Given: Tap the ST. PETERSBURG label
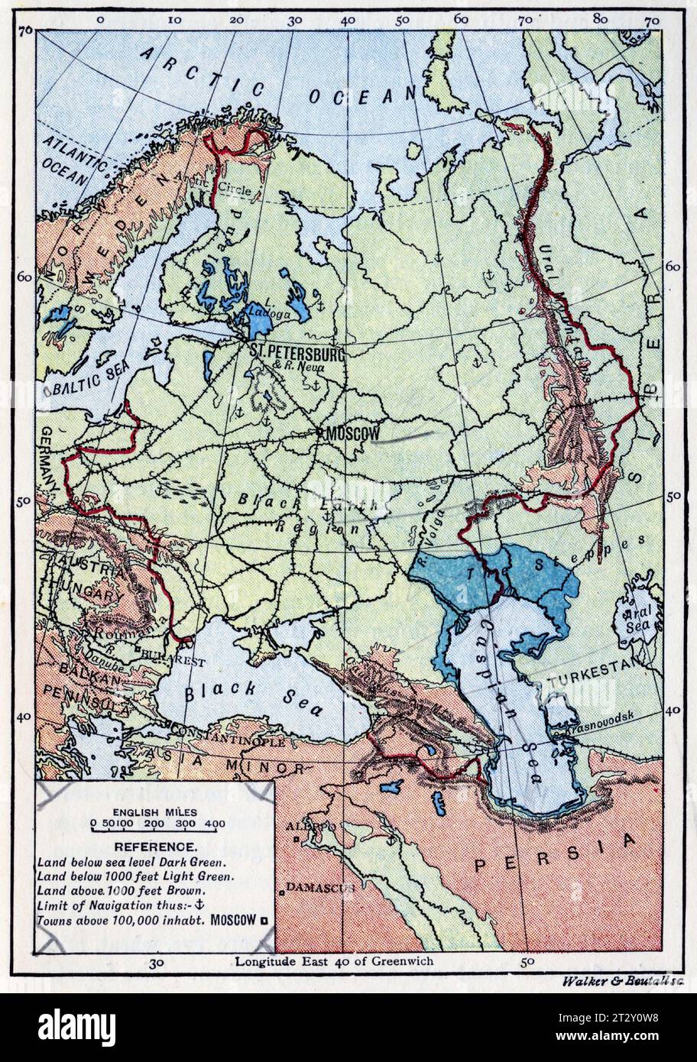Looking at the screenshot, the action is (x=297, y=351).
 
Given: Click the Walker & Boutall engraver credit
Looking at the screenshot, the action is (x=621, y=981).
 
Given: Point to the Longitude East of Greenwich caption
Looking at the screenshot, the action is (x=334, y=961).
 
